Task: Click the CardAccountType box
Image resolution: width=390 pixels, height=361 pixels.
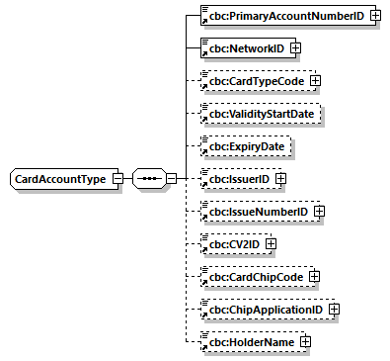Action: (x=60, y=178)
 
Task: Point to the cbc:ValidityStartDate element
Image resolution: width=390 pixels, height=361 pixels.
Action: (x=262, y=113)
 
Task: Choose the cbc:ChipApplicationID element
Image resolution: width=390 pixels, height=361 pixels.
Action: (x=265, y=309)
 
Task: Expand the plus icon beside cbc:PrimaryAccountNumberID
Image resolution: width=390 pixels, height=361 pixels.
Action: (x=376, y=16)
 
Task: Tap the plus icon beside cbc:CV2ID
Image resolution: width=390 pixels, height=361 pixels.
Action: (x=270, y=243)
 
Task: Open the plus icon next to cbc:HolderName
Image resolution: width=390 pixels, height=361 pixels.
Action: (x=306, y=341)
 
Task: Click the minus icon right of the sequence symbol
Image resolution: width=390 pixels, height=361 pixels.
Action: (x=171, y=178)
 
